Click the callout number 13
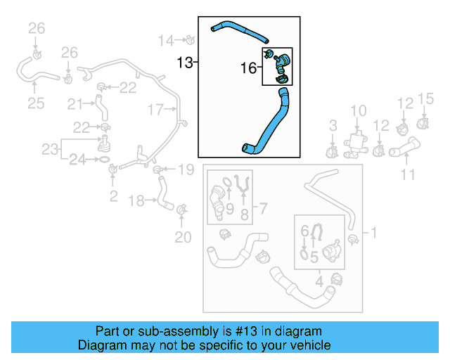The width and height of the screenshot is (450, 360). [184, 63]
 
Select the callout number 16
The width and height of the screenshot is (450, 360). [248, 67]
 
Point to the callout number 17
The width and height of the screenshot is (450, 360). [155, 109]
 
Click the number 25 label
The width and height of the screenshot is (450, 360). [36, 103]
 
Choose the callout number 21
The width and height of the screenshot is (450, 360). [75, 104]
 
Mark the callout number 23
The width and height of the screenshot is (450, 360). [49, 149]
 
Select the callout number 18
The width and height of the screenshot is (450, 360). [137, 201]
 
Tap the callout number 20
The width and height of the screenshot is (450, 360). [183, 237]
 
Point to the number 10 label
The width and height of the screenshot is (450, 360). [359, 110]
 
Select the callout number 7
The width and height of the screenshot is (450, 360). [264, 208]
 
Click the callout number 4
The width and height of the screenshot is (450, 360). [320, 282]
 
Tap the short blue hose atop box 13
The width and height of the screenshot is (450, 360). [239, 30]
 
